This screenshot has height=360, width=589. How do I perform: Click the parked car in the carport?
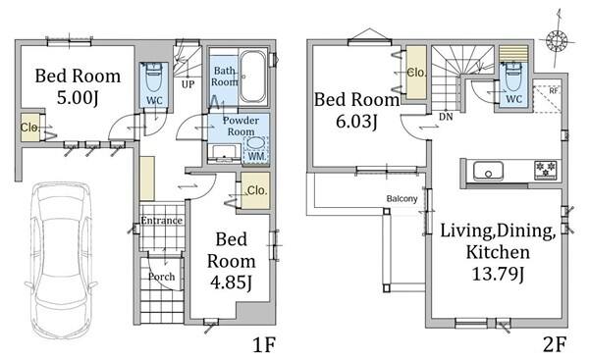[x=61, y=259]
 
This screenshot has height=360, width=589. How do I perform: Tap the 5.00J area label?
[x=78, y=98]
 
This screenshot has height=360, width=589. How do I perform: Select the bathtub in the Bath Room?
[x=252, y=77]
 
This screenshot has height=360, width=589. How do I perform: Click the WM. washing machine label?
[x=257, y=156]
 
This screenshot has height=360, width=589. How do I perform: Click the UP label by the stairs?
[x=187, y=84]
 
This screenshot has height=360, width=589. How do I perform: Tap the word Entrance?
[x=162, y=221]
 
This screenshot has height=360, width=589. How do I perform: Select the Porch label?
[x=161, y=277]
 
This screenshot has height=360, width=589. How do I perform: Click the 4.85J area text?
[x=231, y=283]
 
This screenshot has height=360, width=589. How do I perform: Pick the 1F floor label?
[x=264, y=344]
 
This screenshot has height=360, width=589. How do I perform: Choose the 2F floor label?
[x=554, y=344]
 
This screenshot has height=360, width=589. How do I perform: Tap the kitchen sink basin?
[x=488, y=171]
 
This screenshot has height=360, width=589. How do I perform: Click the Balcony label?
[x=402, y=198]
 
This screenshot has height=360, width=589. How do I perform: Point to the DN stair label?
[x=446, y=117]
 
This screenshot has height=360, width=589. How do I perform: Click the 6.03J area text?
[x=356, y=122]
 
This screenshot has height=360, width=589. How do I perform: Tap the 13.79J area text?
[x=498, y=274]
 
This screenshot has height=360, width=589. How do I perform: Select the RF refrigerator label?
[x=553, y=91]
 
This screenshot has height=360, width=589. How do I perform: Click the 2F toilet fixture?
[x=513, y=77]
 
